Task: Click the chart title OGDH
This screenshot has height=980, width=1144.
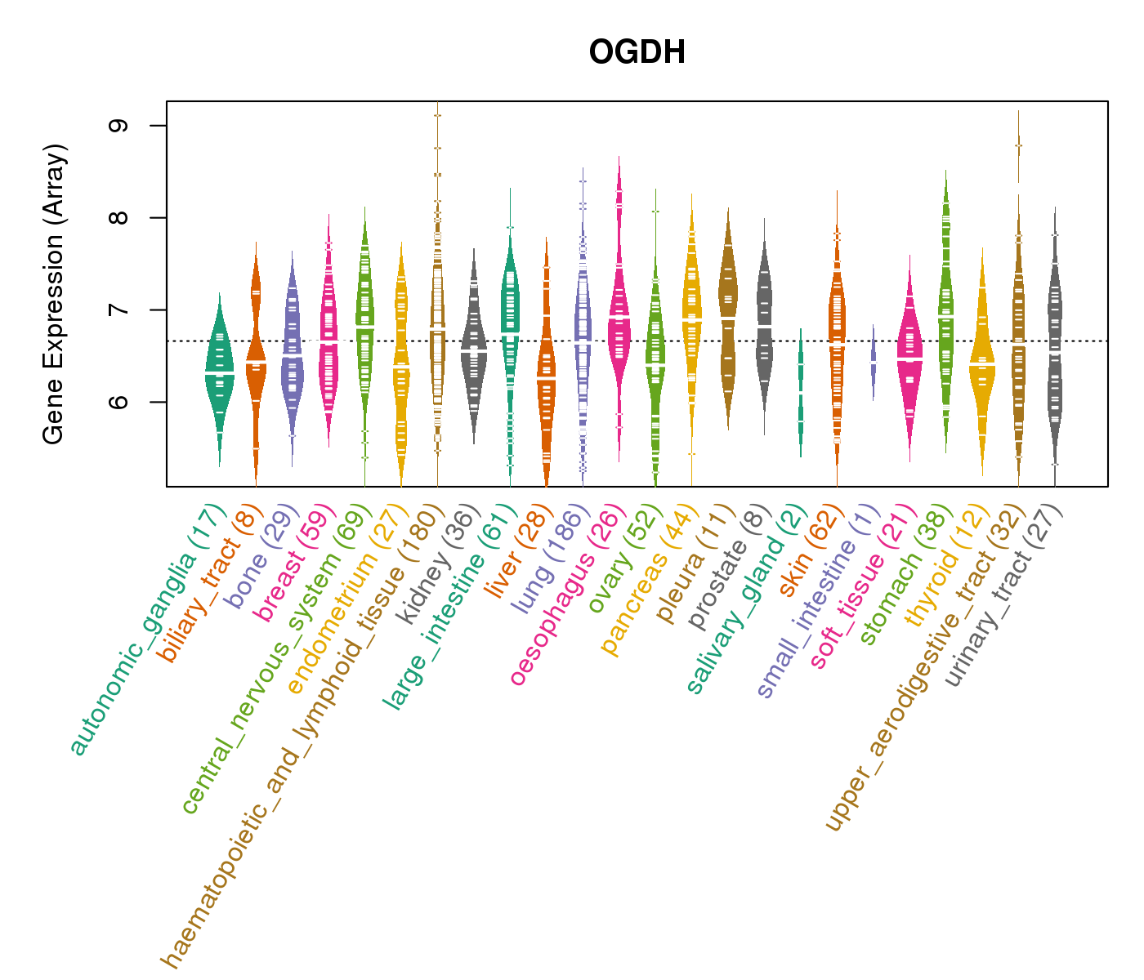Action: pos(637,53)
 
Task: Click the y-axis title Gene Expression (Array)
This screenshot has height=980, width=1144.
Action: pos(54,294)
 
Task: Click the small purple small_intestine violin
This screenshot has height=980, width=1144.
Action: pos(874,359)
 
